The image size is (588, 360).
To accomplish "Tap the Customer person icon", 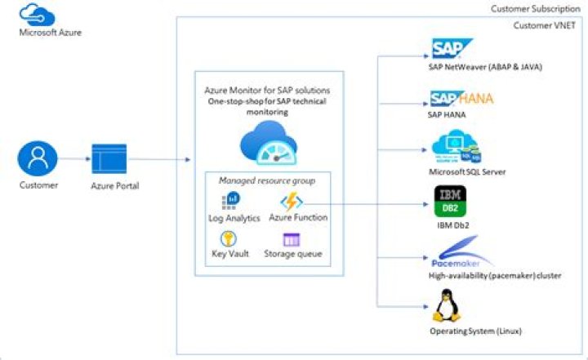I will coord(38,158).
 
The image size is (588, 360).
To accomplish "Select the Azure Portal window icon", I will coord(109,159).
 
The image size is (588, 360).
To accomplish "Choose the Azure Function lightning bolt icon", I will coord(291,201).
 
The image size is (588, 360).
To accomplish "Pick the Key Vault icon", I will coord(229,239).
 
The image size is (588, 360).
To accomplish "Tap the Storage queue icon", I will coord(292,239).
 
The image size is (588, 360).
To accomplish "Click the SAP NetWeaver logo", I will coord(448,48).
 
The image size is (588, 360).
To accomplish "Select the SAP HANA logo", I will coord(461,99).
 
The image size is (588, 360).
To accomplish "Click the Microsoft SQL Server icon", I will coord(454,149).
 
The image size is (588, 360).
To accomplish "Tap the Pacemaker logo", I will coord(461,251).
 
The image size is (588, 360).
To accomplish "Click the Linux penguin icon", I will coord(446,306).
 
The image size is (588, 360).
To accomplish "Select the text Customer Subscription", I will coord(534,8).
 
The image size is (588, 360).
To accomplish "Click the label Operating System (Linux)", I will coord(475,331).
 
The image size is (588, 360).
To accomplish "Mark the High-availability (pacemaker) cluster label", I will coord(495,276).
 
